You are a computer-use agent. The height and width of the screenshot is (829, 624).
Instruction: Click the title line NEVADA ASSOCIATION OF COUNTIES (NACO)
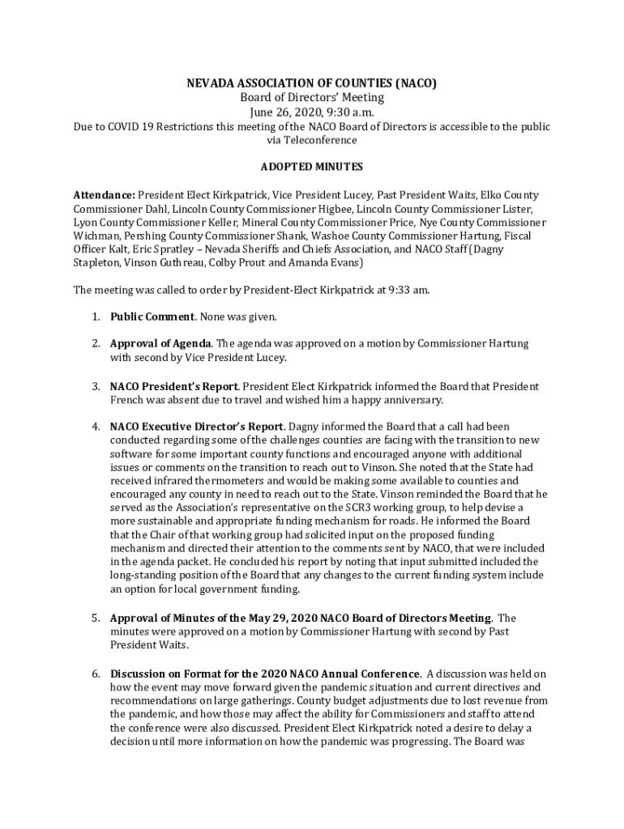pyautogui.click(x=311, y=83)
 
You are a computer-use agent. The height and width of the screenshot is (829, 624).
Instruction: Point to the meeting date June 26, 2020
pyautogui.click(x=282, y=113)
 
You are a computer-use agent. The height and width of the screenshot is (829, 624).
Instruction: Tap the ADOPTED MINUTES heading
pyautogui.click(x=311, y=167)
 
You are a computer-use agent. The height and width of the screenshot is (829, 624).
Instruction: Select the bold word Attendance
pyautogui.click(x=104, y=195)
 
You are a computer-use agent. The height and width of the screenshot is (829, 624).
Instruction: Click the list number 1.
pyautogui.click(x=95, y=316)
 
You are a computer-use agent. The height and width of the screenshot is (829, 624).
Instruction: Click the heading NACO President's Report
pyautogui.click(x=173, y=386)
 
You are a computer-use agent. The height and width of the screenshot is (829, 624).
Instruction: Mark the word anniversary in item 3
pyautogui.click(x=413, y=400)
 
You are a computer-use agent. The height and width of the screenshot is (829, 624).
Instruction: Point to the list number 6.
pyautogui.click(x=95, y=674)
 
